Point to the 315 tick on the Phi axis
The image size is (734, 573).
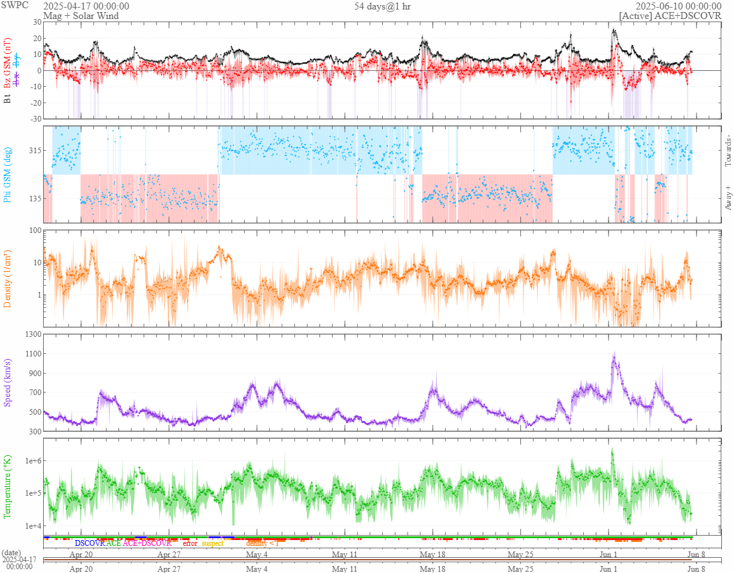click(x=34, y=150)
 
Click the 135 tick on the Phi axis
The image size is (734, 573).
click(x=34, y=198)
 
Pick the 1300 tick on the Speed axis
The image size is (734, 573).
click(x=32, y=334)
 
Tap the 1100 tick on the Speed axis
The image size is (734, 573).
click(x=32, y=354)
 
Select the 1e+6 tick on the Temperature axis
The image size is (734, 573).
click(x=30, y=461)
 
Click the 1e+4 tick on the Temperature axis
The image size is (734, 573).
click(x=30, y=526)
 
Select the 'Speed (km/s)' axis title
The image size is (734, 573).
click(x=8, y=382)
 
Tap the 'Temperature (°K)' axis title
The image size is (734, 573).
click(x=8, y=486)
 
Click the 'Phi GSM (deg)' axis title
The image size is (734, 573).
click(x=8, y=173)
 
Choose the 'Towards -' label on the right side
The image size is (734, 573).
click(x=728, y=151)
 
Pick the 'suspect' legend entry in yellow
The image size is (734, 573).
click(x=212, y=543)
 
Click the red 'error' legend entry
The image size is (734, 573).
click(x=190, y=543)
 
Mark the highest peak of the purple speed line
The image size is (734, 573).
click(x=614, y=353)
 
